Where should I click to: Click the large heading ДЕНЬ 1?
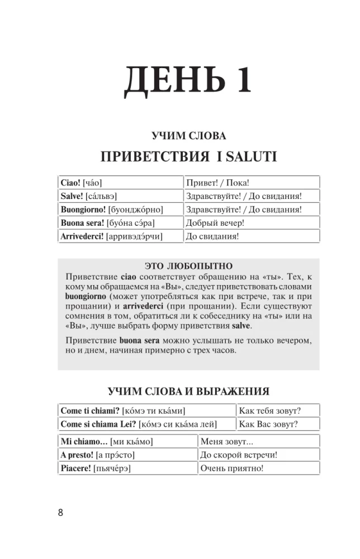pos(187,80)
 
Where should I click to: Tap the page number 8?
pos(60,513)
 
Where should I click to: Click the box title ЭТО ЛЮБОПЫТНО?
pos(188,266)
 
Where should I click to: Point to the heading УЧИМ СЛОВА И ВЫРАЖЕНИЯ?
pos(188,391)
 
